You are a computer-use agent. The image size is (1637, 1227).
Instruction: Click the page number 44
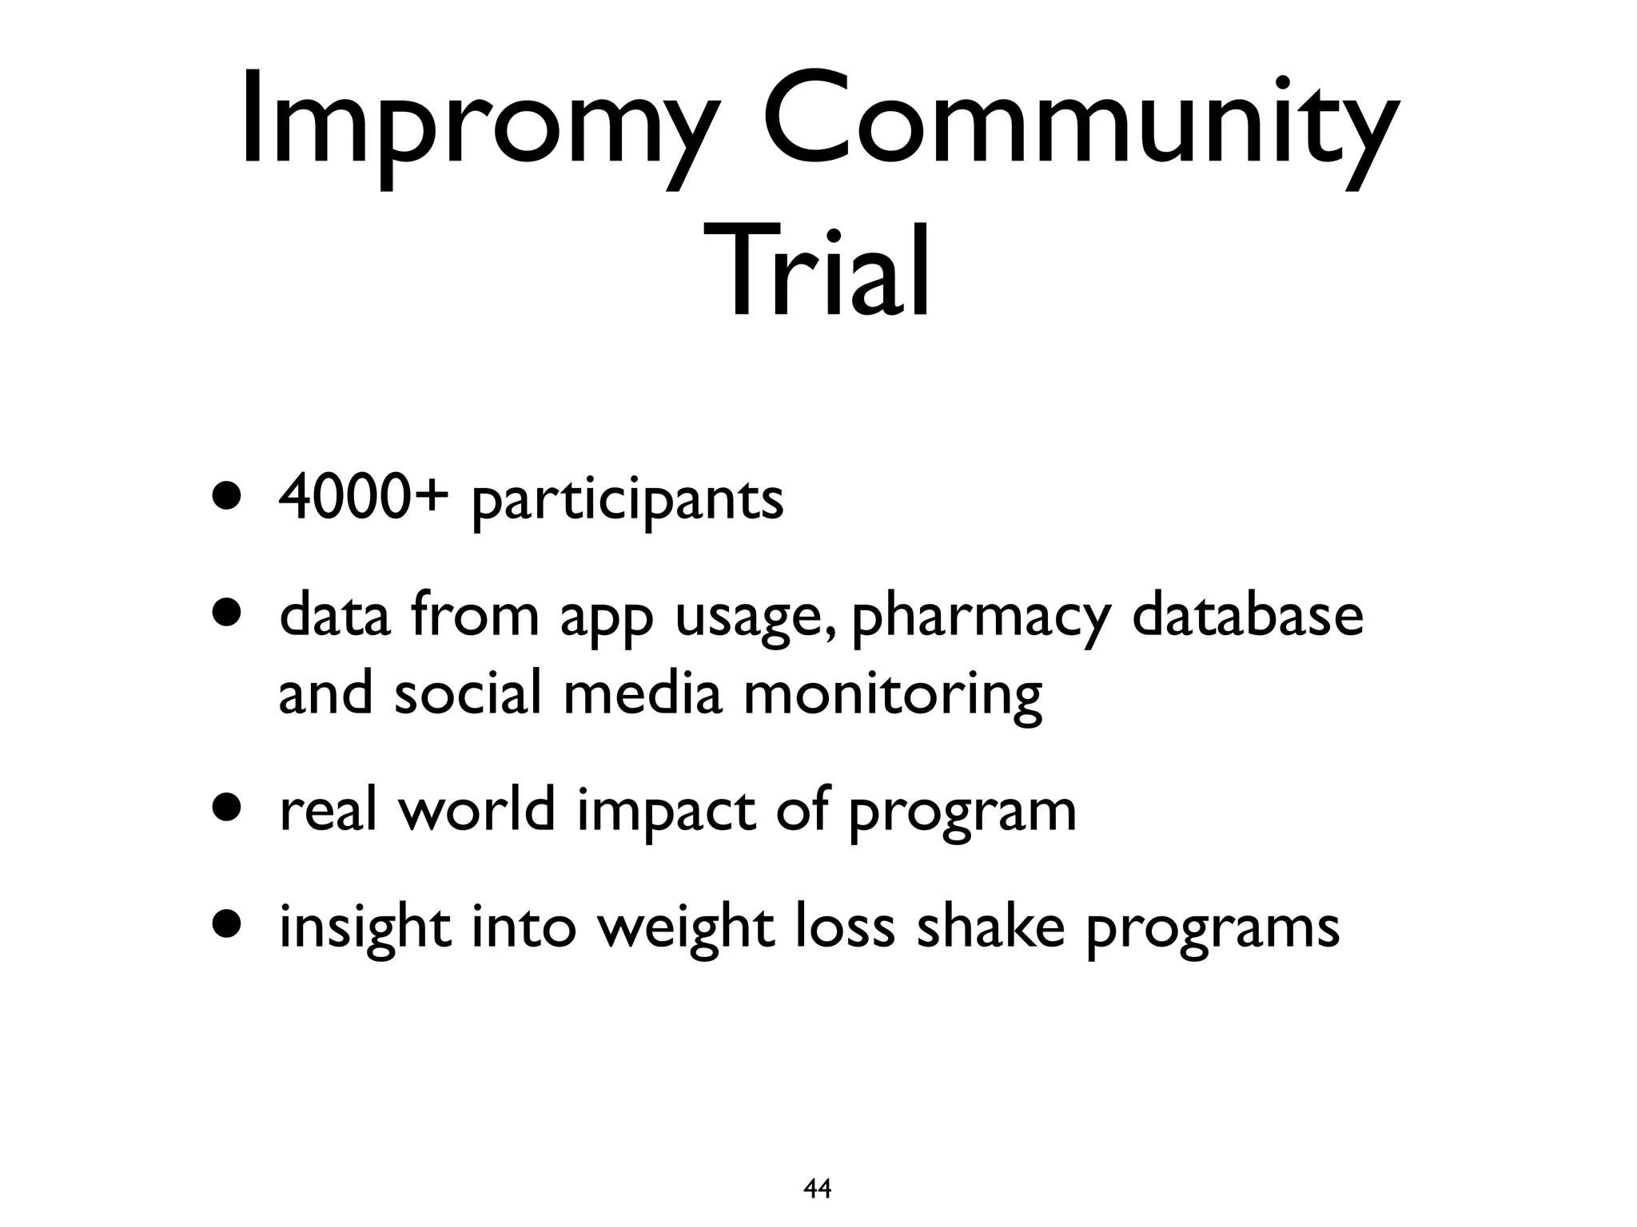point(817,1189)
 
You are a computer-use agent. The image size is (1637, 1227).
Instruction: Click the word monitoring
point(893,695)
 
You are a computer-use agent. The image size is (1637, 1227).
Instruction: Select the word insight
point(364,928)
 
